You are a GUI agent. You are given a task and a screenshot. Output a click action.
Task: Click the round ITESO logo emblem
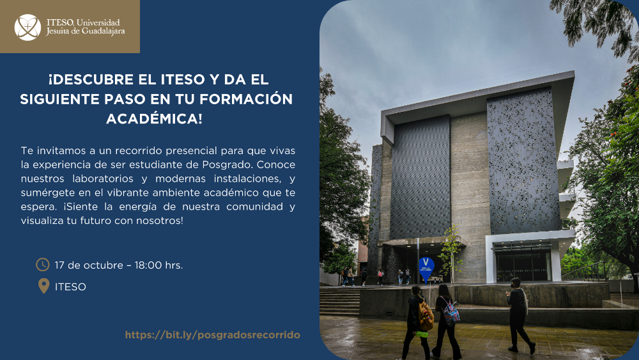(27, 27)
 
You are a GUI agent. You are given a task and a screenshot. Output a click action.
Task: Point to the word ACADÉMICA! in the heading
(154, 119)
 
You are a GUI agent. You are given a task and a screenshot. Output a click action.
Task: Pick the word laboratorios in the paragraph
(103, 178)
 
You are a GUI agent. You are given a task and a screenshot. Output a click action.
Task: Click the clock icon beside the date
(43, 265)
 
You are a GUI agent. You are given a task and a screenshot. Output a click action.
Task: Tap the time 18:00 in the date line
(148, 265)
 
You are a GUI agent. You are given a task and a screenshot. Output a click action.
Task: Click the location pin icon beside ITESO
(43, 286)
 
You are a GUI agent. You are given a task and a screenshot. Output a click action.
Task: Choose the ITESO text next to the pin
(70, 287)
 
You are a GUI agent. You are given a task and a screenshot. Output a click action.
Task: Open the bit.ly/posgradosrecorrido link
(213, 335)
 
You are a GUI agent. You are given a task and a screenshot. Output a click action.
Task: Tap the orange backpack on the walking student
(425, 317)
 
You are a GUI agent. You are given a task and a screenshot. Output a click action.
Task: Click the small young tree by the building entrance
(452, 254)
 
